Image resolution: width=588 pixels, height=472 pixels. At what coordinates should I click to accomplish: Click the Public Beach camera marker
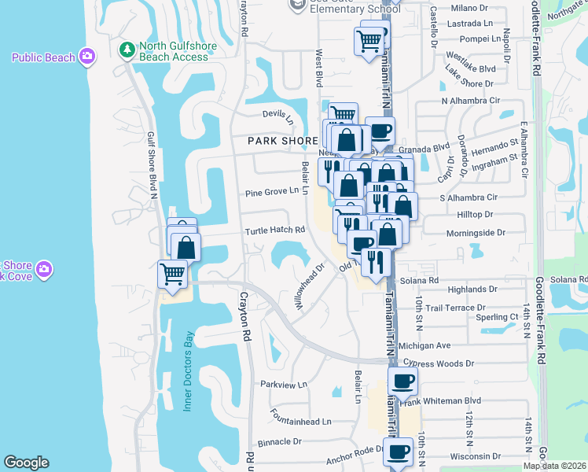[x=87, y=57]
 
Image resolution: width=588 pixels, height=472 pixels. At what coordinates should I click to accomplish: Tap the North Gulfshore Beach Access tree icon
[x=127, y=50]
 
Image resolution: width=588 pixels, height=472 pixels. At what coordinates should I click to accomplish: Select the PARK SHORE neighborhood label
[x=283, y=141]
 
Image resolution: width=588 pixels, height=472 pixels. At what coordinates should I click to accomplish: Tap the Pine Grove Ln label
[x=272, y=190]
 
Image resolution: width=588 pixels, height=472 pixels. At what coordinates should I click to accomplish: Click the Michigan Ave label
[x=424, y=345]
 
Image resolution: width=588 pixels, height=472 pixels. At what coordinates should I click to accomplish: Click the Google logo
[x=26, y=463]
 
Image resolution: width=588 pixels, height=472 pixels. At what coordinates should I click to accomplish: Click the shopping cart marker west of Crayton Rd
[x=172, y=275]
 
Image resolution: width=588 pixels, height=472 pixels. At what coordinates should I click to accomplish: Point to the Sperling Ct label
[x=497, y=317]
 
